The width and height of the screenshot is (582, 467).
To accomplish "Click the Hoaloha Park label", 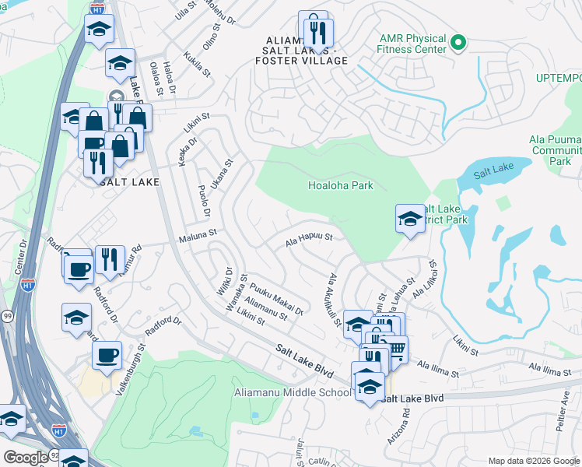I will pos(340,185).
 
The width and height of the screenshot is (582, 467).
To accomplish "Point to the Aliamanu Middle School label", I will pos(292,392).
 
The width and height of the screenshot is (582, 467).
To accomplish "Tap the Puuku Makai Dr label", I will pos(277,300).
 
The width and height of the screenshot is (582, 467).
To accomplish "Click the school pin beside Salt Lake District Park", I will pos(410,219).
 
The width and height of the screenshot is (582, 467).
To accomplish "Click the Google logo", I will pos(26,457).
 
